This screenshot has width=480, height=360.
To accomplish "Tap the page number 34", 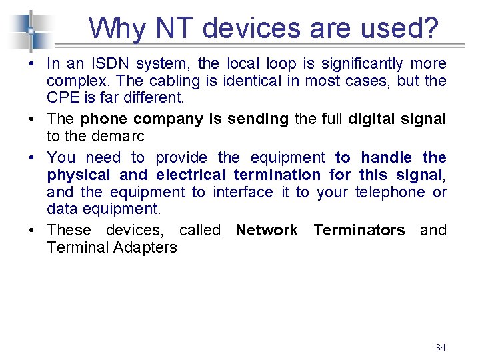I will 440,347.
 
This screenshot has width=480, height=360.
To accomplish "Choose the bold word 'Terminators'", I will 359,230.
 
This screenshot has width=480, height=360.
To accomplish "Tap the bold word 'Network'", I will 267,230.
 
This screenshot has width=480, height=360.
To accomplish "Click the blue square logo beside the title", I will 31,30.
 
